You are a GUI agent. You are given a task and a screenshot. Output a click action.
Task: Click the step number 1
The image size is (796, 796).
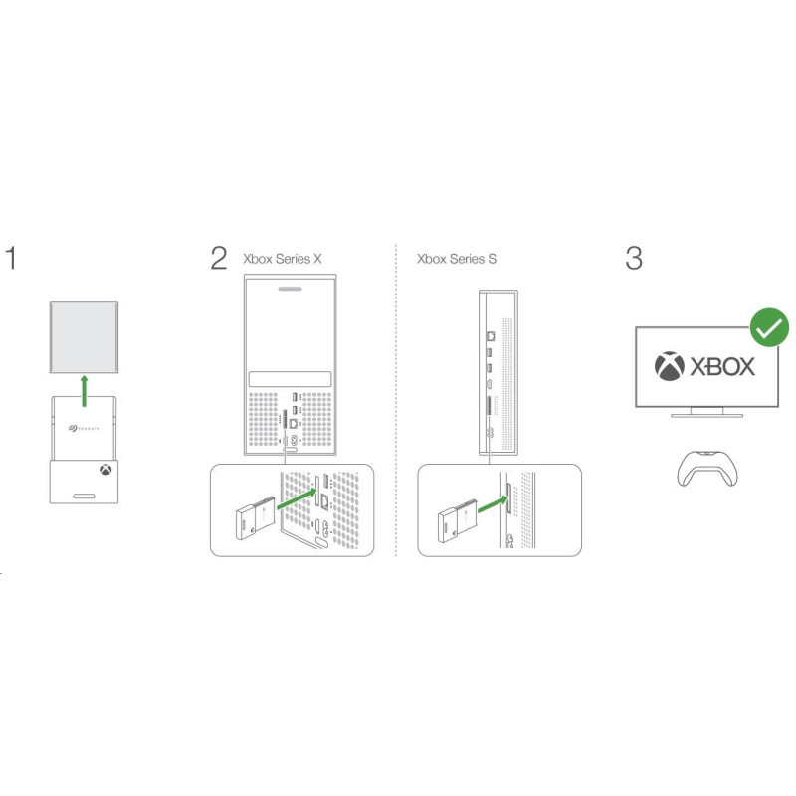pyautogui.click(x=11, y=258)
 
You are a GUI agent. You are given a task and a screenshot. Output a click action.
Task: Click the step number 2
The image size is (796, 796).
pyautogui.click(x=219, y=258)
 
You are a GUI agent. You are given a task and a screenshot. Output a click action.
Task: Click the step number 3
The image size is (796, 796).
pyautogui.click(x=634, y=258)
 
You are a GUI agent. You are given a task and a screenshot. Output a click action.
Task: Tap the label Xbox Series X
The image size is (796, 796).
pyautogui.click(x=283, y=259)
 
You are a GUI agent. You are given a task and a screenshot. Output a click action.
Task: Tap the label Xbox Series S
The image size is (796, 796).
pyautogui.click(x=457, y=259)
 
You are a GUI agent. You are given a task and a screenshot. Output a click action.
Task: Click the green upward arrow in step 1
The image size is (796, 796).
pyautogui.click(x=85, y=391)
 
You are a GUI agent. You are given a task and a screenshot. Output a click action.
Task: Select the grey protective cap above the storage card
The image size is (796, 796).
pyautogui.click(x=84, y=337)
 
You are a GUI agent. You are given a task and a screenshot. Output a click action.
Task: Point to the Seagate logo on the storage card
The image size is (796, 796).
pyautogui.click(x=85, y=429)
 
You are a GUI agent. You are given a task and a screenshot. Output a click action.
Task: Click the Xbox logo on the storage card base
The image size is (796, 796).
pyautogui.click(x=106, y=469)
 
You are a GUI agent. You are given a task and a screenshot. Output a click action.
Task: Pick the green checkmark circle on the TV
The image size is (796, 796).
pyautogui.click(x=769, y=327)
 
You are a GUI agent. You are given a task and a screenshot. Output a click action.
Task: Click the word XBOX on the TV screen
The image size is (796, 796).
pyautogui.click(x=722, y=366)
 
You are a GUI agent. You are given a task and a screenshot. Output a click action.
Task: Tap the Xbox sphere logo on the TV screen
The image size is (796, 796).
pyautogui.click(x=670, y=366)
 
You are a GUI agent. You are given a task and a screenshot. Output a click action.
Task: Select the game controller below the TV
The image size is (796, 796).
pyautogui.click(x=707, y=468)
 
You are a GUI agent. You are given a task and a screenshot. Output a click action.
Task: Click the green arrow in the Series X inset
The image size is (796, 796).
pyautogui.click(x=297, y=499)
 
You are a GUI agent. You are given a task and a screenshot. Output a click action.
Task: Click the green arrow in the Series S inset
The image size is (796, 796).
pyautogui.click(x=493, y=504)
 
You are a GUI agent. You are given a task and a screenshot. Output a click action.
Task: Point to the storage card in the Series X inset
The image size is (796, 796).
pyautogui.click(x=256, y=517)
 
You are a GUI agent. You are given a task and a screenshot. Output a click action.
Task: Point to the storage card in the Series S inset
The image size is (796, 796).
pyautogui.click(x=458, y=520)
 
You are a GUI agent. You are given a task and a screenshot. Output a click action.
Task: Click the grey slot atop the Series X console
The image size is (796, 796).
pyautogui.click(x=290, y=289)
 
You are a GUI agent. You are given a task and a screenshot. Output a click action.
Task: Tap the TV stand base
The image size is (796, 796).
pyautogui.click(x=707, y=415)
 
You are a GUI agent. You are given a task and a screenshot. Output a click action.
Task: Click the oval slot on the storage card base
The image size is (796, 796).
pyautogui.click(x=84, y=496)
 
